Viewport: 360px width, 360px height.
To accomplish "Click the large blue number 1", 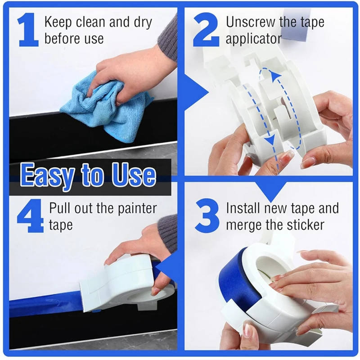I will point(28,31).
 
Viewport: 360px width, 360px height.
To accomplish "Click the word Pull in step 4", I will point(60,208).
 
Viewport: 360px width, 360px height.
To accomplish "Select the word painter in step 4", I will point(134,208).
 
